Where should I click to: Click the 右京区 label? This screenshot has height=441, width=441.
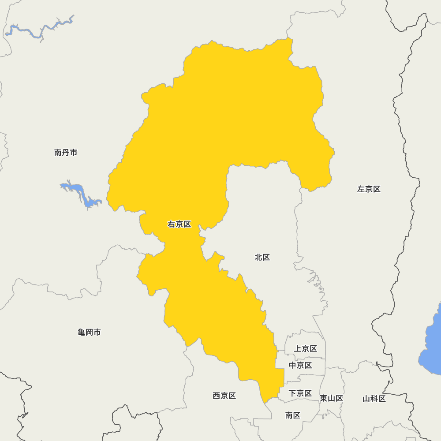[x=179, y=224]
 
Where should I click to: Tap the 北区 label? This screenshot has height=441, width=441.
[x=262, y=258]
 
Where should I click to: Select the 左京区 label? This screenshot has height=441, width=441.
[x=369, y=189]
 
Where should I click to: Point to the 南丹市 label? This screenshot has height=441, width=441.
[x=66, y=153]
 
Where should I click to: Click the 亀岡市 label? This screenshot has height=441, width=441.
[x=89, y=332]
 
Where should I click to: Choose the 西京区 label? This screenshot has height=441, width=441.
[x=224, y=396]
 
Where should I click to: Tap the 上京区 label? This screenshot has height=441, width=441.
[x=306, y=349]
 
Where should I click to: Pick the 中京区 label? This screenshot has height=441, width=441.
[x=300, y=365]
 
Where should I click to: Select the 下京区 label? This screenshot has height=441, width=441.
[x=300, y=393]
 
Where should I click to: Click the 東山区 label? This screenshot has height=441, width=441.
[x=331, y=398]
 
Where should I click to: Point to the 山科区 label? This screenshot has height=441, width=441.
[x=374, y=399]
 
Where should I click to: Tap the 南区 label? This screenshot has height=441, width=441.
[x=293, y=415]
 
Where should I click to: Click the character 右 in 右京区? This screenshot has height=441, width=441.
[x=172, y=224]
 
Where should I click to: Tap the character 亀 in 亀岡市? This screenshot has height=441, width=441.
[x=82, y=332]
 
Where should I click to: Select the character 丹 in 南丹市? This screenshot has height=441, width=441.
[x=66, y=153]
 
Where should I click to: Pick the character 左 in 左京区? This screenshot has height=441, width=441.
[x=361, y=189]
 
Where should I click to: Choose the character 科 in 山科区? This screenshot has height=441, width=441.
[x=374, y=399]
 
